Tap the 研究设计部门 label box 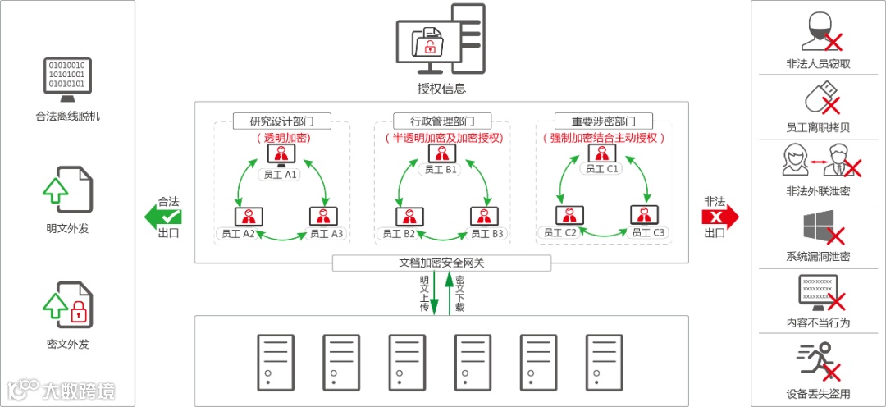281,121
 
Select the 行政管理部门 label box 442,121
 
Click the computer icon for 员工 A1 282,156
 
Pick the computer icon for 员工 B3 482,217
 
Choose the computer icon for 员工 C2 568,215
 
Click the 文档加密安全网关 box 441,263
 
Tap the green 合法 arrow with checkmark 164,217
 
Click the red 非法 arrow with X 719,217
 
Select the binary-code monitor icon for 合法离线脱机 67,78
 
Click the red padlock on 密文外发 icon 79,311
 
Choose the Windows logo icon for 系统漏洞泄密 819,226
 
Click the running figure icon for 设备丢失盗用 817,362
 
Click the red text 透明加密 282,138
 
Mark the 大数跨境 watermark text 78,391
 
